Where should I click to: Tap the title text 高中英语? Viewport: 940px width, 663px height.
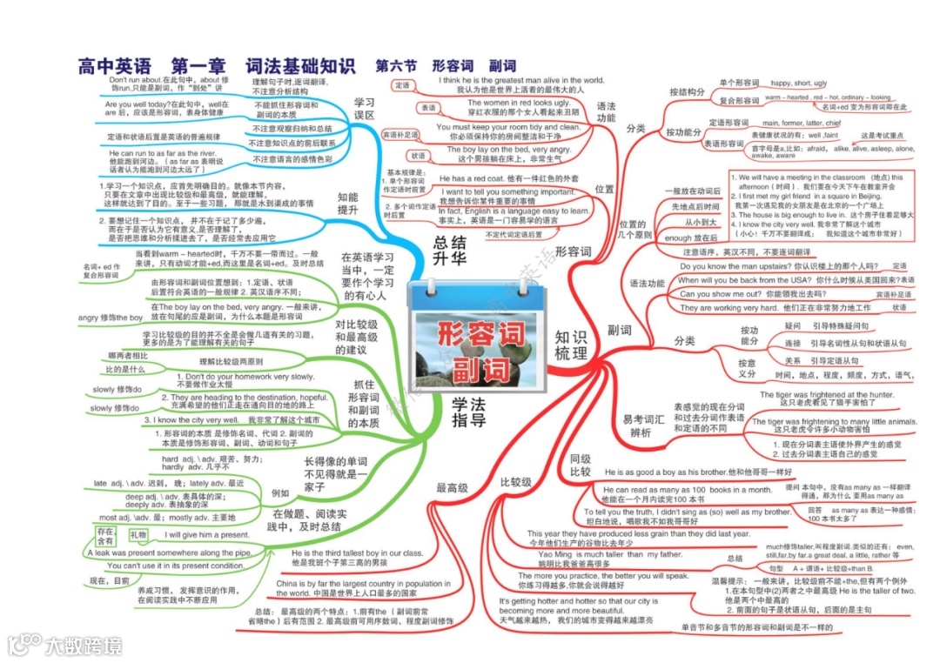tap(114, 66)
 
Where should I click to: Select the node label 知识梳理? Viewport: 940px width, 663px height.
tap(570, 345)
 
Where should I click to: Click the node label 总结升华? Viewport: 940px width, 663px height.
tap(449, 251)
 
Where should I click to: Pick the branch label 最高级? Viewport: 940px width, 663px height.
tap(453, 487)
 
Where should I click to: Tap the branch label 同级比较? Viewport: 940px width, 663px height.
tap(580, 465)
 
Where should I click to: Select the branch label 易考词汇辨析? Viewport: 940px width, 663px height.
tap(640, 425)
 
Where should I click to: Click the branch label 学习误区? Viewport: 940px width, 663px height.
tap(364, 109)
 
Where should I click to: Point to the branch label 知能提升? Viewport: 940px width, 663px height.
tap(347, 204)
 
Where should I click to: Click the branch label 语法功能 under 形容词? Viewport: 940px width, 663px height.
tap(606, 112)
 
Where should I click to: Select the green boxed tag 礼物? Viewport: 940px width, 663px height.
tap(138, 533)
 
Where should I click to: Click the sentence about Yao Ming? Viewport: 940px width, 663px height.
tap(609, 554)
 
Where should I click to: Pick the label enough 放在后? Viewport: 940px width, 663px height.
tap(690, 237)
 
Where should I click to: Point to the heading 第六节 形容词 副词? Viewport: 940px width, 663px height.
tap(445, 66)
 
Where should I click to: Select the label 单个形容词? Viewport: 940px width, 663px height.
tap(739, 83)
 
